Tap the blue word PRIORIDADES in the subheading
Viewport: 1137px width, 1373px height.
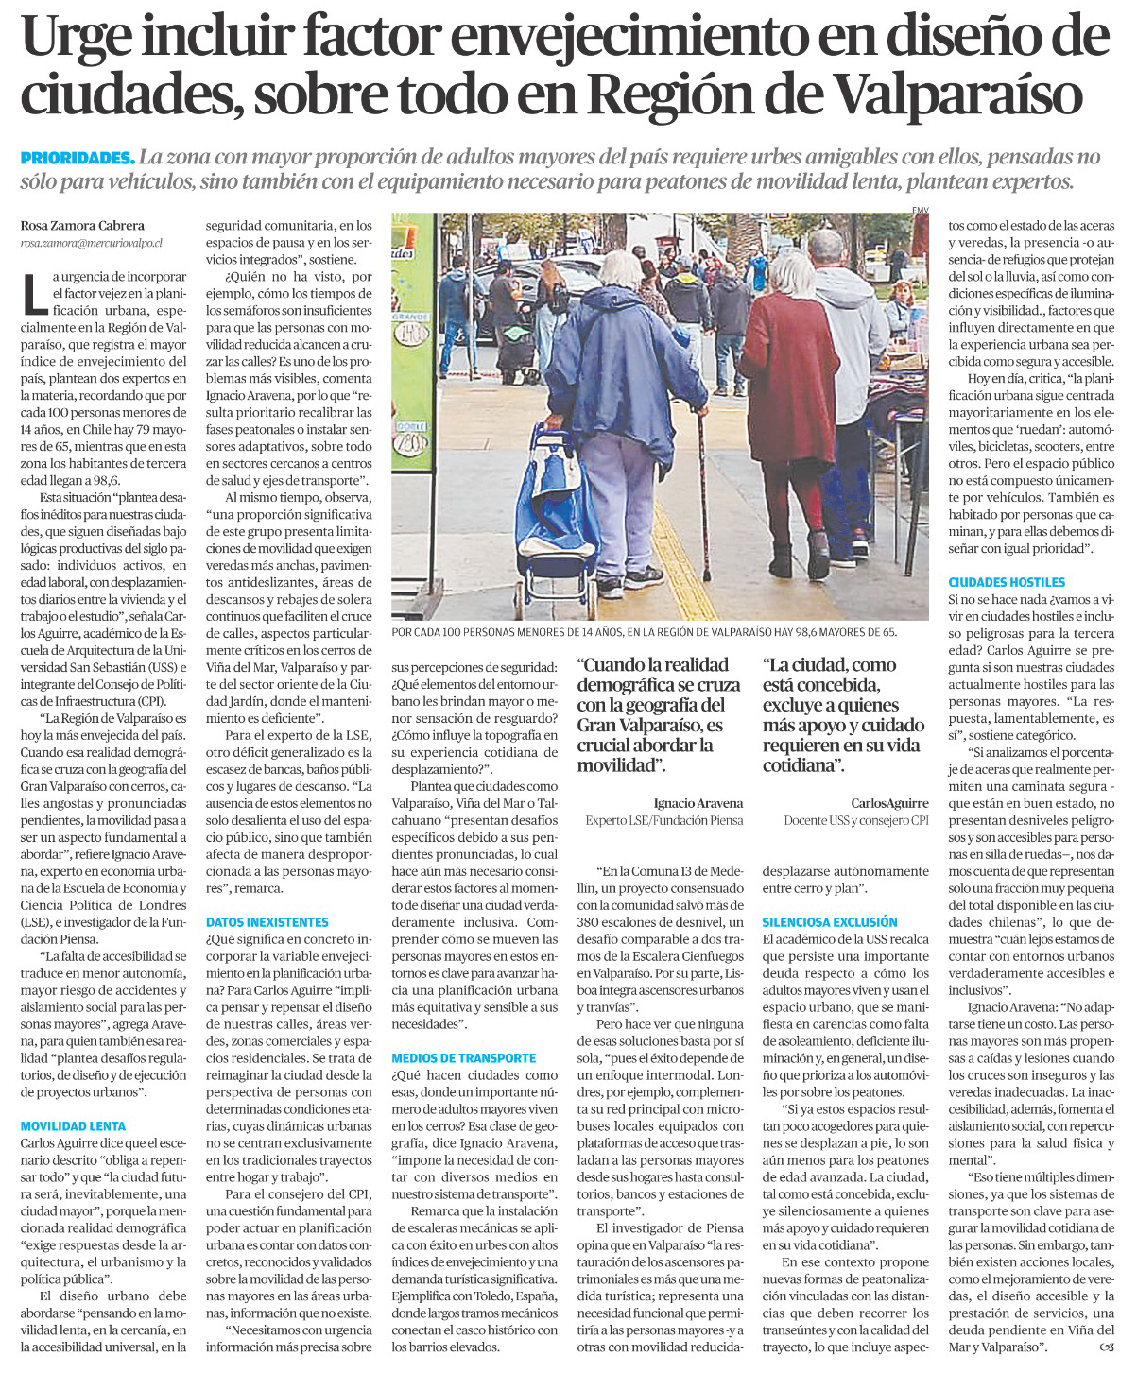click(78, 157)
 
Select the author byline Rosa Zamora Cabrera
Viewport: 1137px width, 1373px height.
click(82, 226)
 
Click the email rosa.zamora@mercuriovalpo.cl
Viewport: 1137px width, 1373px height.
click(91, 243)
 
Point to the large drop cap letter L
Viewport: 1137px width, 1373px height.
click(34, 292)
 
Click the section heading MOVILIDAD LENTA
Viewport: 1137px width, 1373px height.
click(73, 1126)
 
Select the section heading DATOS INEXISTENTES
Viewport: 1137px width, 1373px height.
click(267, 922)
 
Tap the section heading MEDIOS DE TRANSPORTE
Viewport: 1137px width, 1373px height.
click(464, 1058)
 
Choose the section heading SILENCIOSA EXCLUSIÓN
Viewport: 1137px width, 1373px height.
click(830, 922)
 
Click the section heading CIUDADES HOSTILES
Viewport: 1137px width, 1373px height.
click(1007, 583)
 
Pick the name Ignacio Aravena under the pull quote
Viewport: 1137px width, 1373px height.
click(698, 803)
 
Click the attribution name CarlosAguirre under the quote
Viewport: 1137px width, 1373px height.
click(889, 803)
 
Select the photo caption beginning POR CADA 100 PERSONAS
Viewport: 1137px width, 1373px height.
click(644, 632)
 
